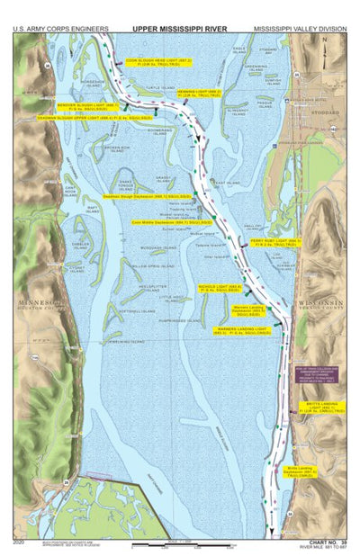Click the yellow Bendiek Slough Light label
[82, 105]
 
